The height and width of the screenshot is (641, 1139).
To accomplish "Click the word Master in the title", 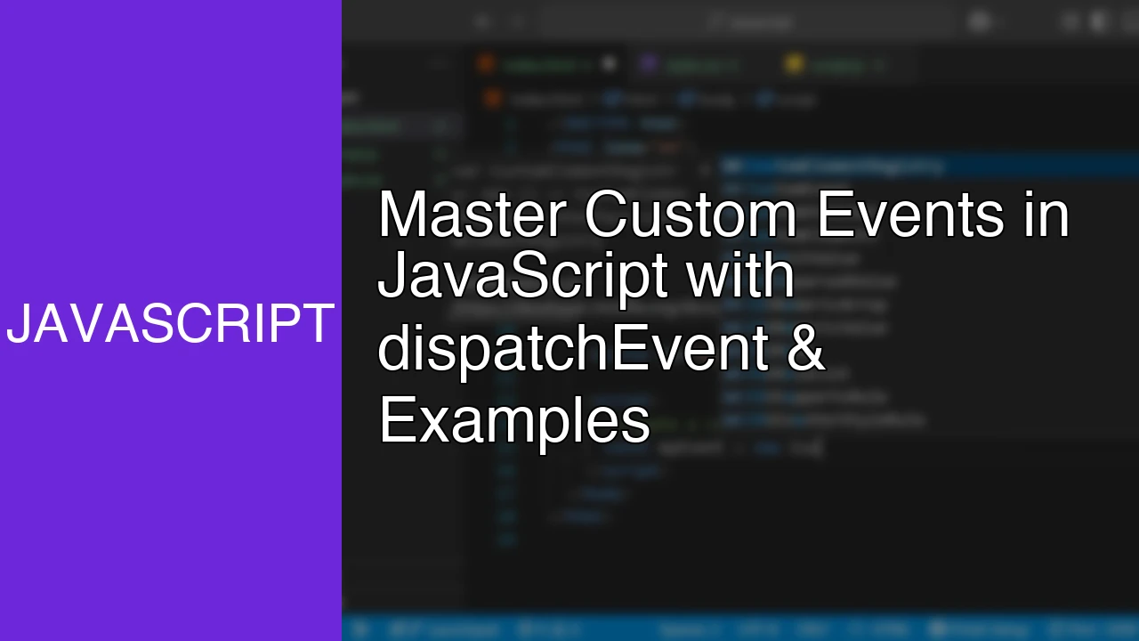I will tap(472, 215).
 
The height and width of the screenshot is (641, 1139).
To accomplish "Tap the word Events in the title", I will tap(909, 215).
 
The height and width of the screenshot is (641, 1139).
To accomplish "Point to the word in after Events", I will tap(1046, 215).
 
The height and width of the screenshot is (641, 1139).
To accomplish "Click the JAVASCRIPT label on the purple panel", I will tap(170, 324).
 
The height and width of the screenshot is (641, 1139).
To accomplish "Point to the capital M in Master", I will tap(400, 215).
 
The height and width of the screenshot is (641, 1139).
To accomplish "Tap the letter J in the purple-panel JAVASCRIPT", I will tap(18, 324).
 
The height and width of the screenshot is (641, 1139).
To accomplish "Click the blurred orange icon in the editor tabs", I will tap(486, 63).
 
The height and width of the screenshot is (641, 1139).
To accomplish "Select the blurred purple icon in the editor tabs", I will tap(649, 63).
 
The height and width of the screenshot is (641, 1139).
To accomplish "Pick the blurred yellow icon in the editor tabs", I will tap(794, 63).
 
